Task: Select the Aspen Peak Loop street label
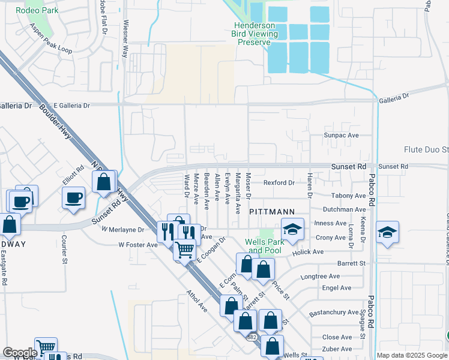pos(51,41)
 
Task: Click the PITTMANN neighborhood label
pos(272,212)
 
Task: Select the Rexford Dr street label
pos(279,182)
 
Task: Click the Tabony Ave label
pos(348,196)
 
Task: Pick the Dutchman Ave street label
pos(344,209)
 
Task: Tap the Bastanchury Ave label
pos(333,313)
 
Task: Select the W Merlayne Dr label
pos(123,229)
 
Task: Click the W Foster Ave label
pos(138,245)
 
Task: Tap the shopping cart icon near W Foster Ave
pos(185,249)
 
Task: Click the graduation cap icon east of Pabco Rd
pos(387,233)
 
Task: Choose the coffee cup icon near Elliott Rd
pos(74,198)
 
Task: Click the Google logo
pos(20,353)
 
